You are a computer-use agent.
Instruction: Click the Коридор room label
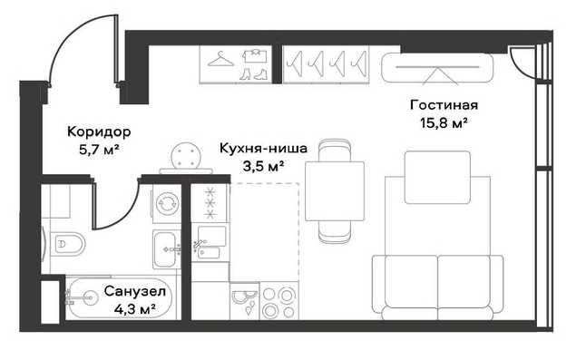point(99,131)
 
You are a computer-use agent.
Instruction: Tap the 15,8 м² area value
point(444,122)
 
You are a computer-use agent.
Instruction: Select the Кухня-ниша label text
point(263,148)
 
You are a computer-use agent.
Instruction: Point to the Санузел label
point(134,291)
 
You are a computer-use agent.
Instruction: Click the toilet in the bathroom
point(67,245)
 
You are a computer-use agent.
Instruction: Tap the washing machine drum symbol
point(167,203)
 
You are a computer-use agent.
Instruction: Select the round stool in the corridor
point(186,155)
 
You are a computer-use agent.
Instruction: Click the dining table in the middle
point(335,190)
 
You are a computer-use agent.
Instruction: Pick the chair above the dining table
point(335,151)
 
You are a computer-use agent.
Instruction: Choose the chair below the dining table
point(335,232)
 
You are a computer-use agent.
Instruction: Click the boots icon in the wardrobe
point(253,73)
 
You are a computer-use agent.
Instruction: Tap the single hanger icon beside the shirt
point(220,59)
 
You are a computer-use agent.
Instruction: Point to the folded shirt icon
point(255,55)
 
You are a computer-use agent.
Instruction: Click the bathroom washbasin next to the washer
point(166,249)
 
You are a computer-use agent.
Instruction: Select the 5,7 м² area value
point(99,150)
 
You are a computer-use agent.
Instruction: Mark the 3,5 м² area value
point(263,166)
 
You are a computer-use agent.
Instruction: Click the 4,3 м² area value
point(134,309)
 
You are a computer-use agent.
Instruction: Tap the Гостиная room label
point(444,105)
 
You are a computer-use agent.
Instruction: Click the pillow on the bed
point(437,178)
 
